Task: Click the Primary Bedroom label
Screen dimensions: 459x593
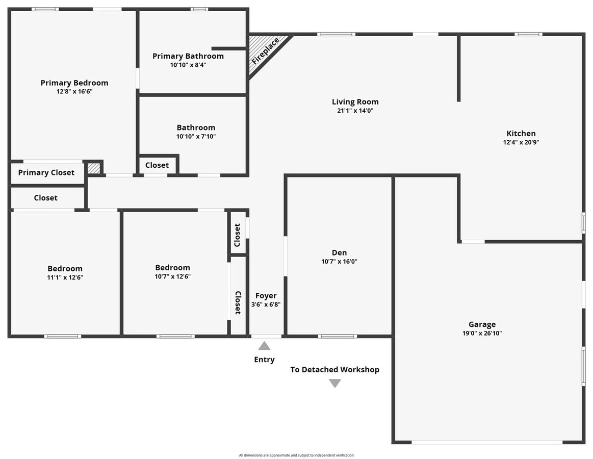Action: (x=74, y=83)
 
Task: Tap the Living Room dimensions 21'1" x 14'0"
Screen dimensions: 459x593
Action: (x=355, y=110)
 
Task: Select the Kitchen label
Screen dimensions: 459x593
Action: (x=521, y=134)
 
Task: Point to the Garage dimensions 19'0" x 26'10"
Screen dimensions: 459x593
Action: (x=482, y=333)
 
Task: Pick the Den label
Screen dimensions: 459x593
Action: (x=339, y=252)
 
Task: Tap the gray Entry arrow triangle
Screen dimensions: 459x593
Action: (x=264, y=346)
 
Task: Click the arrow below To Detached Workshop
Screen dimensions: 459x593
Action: (x=334, y=383)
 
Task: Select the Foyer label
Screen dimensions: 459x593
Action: (x=266, y=296)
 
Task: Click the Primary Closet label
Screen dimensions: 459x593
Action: (x=46, y=172)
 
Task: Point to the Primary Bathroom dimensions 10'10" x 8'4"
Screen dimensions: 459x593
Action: (x=188, y=65)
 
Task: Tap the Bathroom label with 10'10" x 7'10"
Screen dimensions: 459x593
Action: (x=196, y=127)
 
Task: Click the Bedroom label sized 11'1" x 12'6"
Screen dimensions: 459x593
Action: (x=65, y=269)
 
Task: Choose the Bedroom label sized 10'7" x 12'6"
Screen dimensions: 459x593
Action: (x=172, y=268)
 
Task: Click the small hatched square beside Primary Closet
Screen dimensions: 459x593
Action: (x=93, y=168)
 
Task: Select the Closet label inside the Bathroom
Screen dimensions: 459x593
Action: (x=157, y=165)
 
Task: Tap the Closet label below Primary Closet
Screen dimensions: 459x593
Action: (x=46, y=198)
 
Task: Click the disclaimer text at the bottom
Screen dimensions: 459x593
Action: (x=296, y=455)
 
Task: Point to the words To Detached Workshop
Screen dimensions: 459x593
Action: (x=334, y=370)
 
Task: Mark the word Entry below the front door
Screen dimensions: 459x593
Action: (x=264, y=360)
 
